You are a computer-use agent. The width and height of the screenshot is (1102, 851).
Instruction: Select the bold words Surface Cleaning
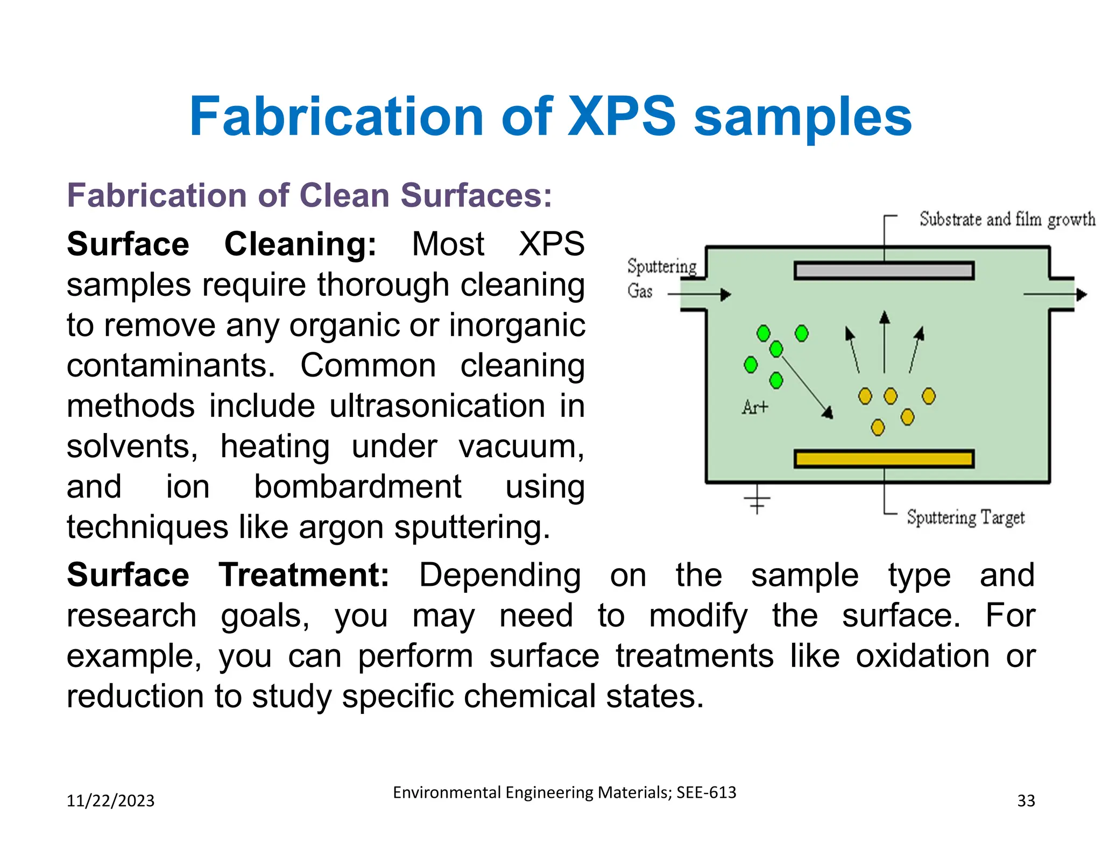(x=221, y=244)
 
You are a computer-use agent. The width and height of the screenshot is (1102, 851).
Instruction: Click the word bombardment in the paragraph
(x=357, y=487)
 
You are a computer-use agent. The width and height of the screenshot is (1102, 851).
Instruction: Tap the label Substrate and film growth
(x=1007, y=219)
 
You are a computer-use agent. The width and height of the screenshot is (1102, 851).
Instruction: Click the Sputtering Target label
(x=965, y=517)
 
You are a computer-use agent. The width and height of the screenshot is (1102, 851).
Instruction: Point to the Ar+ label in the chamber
(x=755, y=407)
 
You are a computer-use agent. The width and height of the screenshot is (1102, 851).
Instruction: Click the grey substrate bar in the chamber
(x=884, y=271)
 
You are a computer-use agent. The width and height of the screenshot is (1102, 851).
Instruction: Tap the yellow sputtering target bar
(x=884, y=459)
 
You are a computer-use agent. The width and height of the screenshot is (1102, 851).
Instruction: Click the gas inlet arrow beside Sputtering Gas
(x=700, y=294)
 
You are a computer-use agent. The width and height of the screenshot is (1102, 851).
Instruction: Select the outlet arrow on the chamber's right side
(x=1055, y=294)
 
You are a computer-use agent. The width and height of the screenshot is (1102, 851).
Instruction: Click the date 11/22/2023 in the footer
(x=110, y=801)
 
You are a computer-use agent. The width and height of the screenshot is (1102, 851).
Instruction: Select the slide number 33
(x=1026, y=801)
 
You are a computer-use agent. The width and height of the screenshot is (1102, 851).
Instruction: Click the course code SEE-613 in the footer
(x=706, y=792)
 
